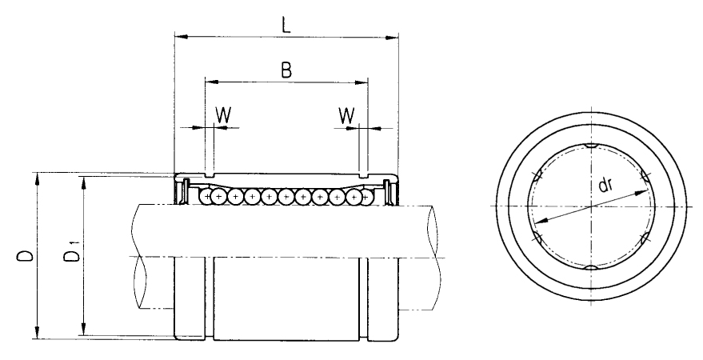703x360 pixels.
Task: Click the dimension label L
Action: point(286,25)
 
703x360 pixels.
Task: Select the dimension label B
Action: point(286,70)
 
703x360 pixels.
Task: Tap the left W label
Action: point(223,116)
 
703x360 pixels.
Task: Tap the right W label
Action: point(346,116)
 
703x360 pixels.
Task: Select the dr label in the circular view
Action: point(605,185)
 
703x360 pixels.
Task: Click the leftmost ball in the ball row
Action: point(206,196)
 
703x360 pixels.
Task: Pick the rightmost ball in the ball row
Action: point(366,196)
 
